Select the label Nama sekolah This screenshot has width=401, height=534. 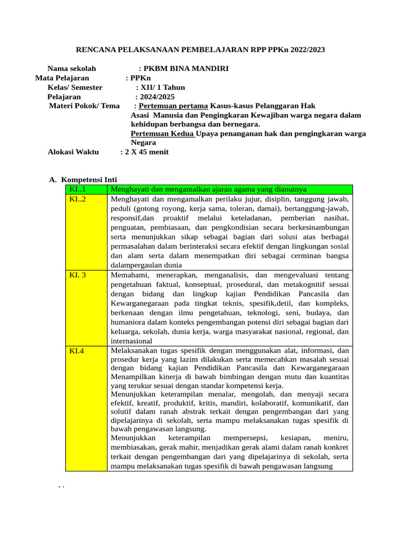point(72,69)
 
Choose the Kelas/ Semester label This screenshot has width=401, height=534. point(75,88)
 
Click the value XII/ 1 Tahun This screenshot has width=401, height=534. point(162,88)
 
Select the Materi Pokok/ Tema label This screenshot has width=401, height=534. point(84,106)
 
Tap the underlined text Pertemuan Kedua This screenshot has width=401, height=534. point(162,133)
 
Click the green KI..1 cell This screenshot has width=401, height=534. point(77,189)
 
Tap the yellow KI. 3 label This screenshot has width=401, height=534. point(78,275)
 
